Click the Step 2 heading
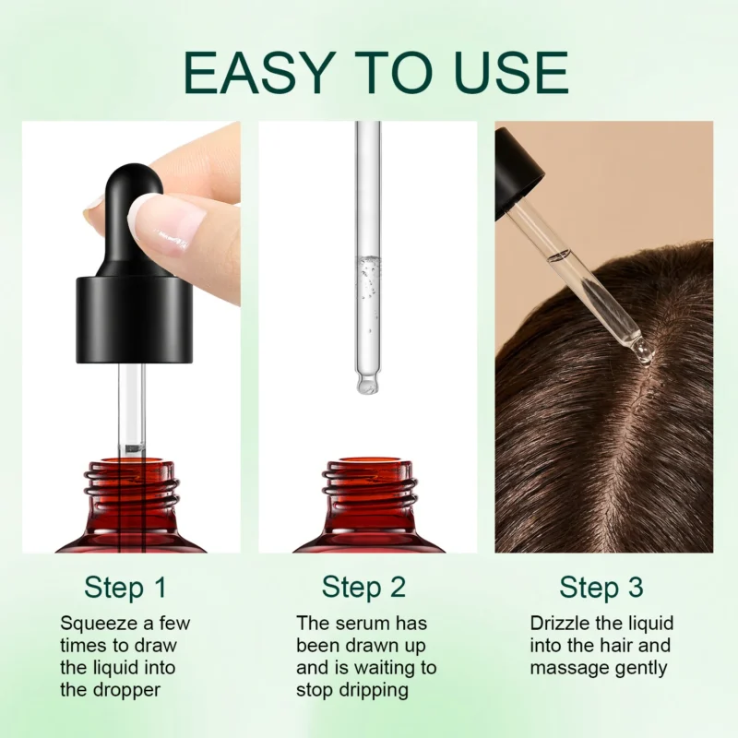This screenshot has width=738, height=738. [363, 587]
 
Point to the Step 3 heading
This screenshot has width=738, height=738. [601, 587]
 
